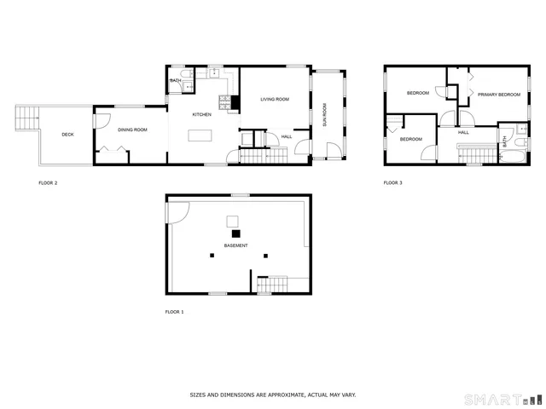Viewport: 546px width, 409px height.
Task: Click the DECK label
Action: (x=67, y=135)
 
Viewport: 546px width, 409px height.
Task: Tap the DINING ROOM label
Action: (x=132, y=130)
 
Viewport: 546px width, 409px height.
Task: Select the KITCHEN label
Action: (x=201, y=114)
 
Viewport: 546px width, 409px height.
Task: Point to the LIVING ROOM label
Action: (x=275, y=100)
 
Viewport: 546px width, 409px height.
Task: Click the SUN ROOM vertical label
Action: (x=324, y=113)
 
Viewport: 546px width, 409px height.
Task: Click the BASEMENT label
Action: (x=236, y=245)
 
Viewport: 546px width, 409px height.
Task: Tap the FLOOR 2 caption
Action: (x=49, y=182)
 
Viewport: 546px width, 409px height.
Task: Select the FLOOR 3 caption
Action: (x=392, y=182)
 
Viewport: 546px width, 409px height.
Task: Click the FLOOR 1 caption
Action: (x=174, y=312)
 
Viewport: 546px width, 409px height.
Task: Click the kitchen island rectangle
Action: (x=200, y=135)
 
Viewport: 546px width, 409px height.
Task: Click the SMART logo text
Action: (x=490, y=399)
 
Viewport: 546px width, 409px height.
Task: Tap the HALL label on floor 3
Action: (x=463, y=132)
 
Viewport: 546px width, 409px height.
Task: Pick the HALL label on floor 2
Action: (x=286, y=136)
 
